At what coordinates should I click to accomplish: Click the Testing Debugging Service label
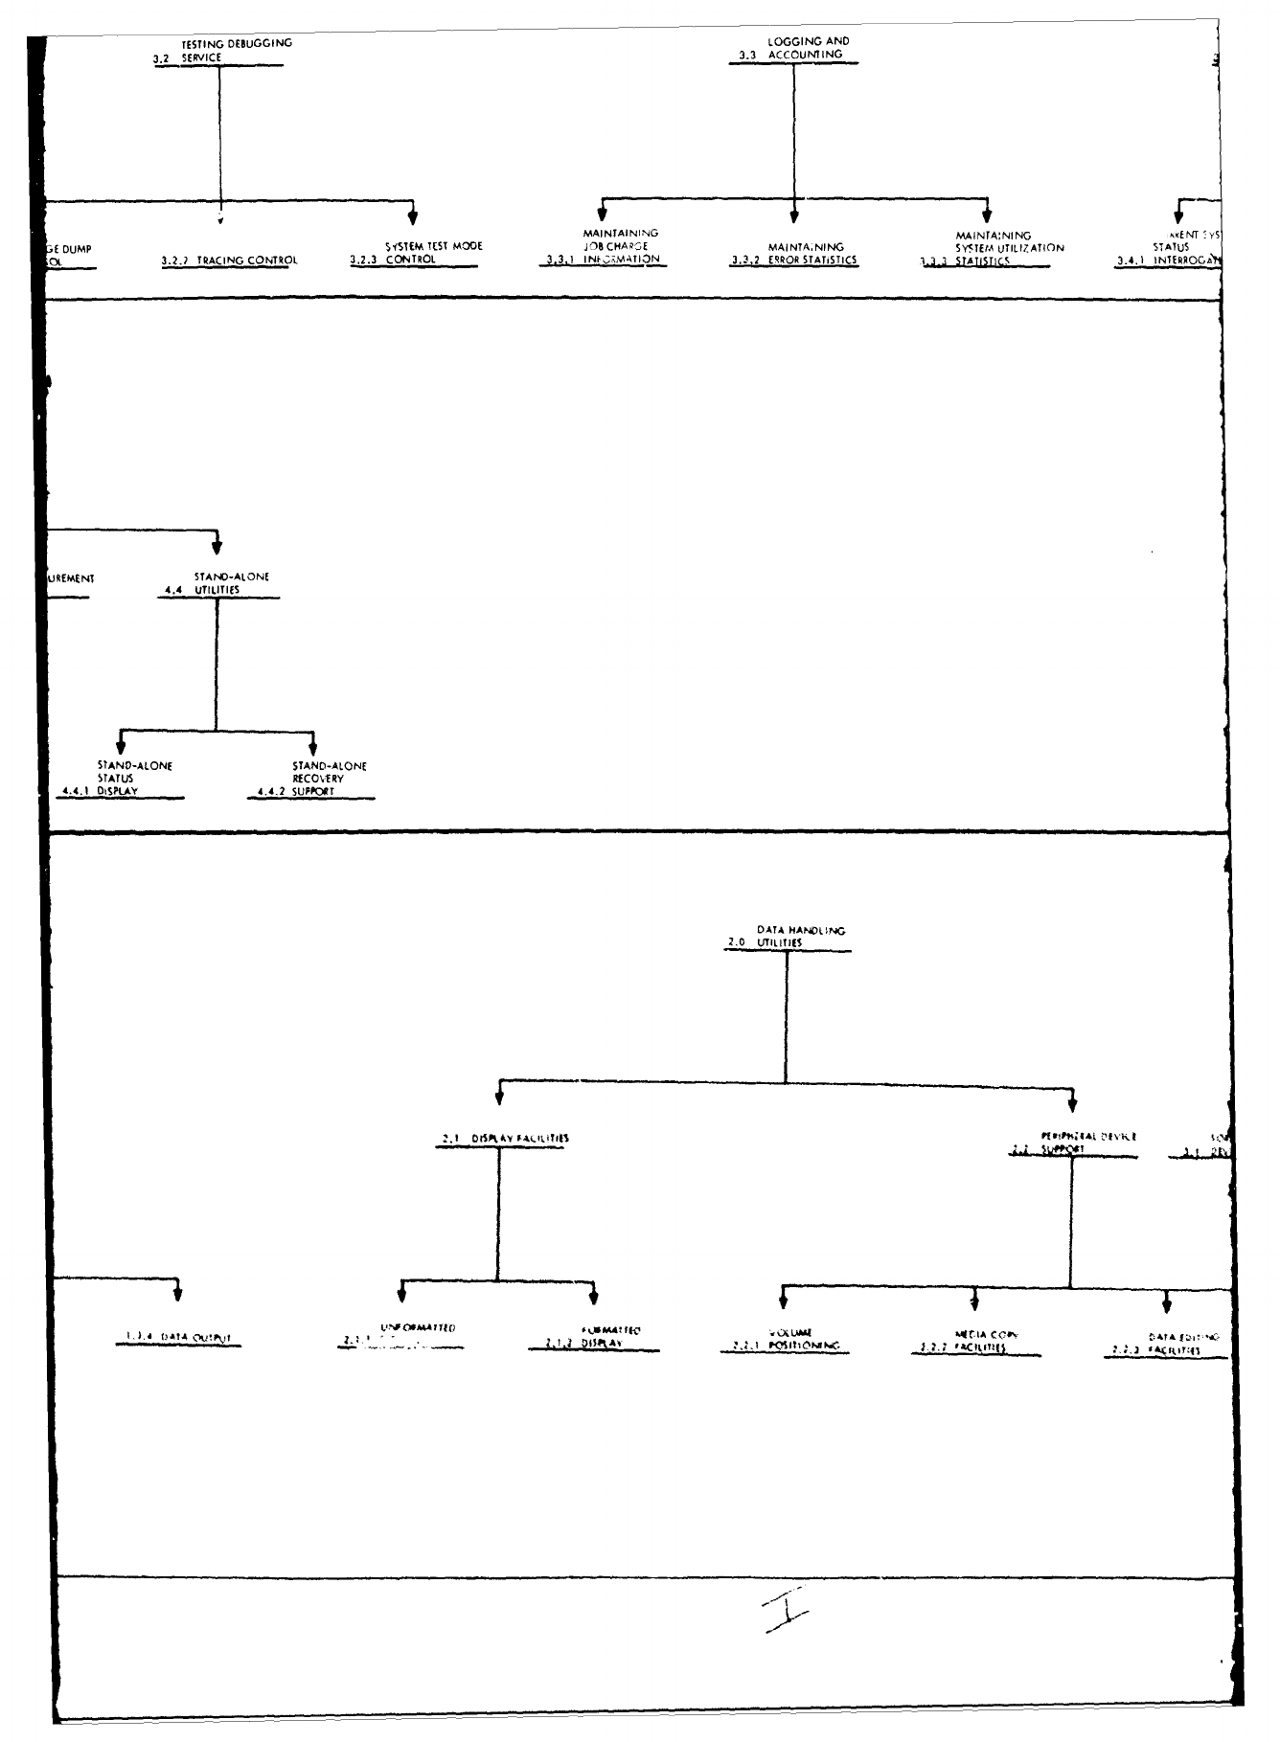(221, 51)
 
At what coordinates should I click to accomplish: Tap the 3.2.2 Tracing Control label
(229, 260)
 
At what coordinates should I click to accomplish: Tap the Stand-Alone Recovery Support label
(312, 779)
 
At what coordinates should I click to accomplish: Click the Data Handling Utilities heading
(788, 937)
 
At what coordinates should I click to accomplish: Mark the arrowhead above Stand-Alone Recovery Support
(312, 742)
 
